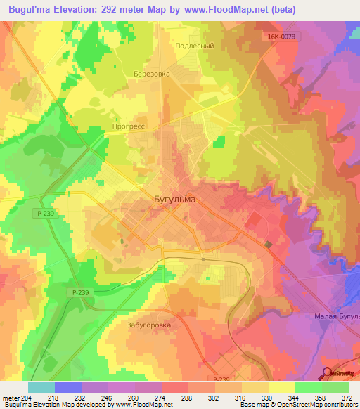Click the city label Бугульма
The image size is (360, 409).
click(174, 199)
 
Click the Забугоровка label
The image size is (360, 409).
click(149, 325)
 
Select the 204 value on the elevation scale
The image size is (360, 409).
click(27, 398)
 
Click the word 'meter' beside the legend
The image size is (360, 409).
click(11, 398)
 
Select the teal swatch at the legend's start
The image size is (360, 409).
click(41, 387)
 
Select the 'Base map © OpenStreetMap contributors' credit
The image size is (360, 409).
click(298, 405)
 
